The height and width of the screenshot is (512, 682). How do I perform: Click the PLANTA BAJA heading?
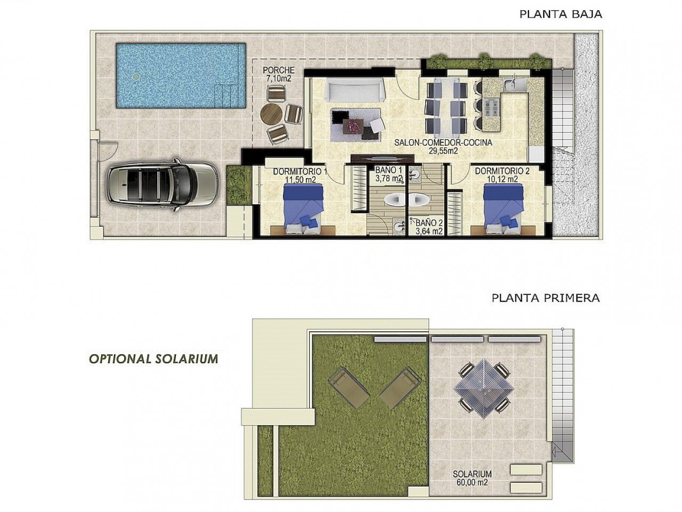[561, 14]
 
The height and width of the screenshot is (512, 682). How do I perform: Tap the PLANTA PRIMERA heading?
[546, 298]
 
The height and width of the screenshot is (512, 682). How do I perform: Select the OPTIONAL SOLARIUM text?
[153, 358]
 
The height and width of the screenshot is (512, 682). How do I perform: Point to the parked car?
[162, 182]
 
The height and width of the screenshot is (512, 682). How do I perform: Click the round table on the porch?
[272, 114]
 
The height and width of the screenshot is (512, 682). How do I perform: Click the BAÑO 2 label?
[429, 227]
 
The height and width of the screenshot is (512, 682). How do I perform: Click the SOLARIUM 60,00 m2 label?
[472, 478]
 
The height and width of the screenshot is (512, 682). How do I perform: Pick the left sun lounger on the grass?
[350, 386]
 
